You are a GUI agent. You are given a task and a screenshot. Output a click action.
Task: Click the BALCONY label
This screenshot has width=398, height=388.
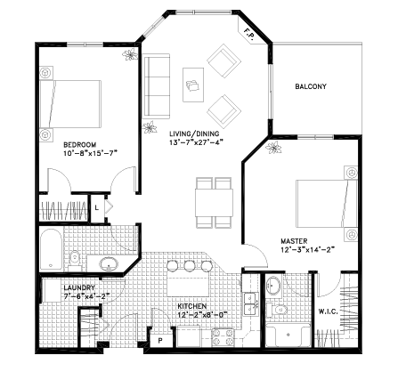click(x=311, y=86)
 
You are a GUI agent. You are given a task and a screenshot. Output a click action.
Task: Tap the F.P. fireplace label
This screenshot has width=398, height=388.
click(x=248, y=33)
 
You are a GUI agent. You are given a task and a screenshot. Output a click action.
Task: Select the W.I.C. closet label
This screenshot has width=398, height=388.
click(x=329, y=311)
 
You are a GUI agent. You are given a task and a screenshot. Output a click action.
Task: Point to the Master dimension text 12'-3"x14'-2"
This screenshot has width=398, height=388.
click(x=308, y=250)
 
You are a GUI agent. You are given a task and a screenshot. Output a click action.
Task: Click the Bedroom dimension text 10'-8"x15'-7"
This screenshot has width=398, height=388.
click(x=91, y=153)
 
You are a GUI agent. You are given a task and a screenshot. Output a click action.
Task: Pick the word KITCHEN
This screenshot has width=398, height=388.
click(x=191, y=306)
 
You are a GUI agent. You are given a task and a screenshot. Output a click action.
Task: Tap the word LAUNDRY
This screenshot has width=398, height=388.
click(x=79, y=287)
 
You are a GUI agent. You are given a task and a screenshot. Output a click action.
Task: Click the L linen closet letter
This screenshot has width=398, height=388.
click(x=96, y=208)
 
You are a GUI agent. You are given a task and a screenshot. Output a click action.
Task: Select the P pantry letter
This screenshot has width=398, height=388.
click(x=160, y=341)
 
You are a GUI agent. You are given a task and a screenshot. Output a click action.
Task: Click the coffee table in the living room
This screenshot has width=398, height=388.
click(x=193, y=85)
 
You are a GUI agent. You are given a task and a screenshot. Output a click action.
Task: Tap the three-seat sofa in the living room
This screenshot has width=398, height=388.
click(x=157, y=86)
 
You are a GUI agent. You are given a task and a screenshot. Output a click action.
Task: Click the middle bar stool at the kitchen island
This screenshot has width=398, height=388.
click(x=189, y=265)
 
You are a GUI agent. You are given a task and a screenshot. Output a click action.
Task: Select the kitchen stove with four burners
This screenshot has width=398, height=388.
click(x=223, y=337)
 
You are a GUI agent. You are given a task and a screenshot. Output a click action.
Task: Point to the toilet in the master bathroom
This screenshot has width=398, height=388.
click(x=277, y=310)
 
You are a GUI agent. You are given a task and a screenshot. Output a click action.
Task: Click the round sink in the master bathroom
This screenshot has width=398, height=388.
click(x=273, y=286)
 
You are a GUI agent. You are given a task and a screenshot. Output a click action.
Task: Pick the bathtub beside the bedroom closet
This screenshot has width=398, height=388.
click(x=51, y=249)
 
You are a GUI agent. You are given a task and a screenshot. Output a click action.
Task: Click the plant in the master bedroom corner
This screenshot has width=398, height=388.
click(x=273, y=148)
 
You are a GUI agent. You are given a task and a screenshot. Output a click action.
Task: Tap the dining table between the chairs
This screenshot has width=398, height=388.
click(x=214, y=203)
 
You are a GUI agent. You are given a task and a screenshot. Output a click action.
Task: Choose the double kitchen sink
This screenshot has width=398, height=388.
click(x=251, y=304)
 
